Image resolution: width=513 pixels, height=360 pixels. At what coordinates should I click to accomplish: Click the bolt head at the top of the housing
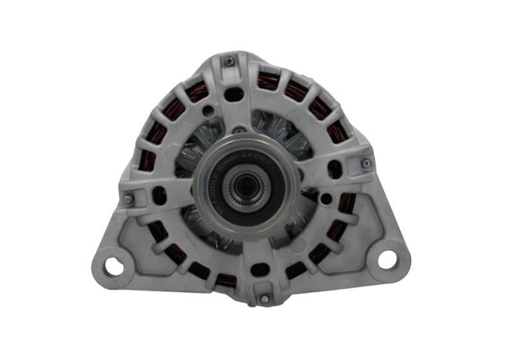pyautogui.click(x=229, y=62)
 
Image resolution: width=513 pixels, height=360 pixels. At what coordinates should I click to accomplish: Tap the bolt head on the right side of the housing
pyautogui.click(x=366, y=164)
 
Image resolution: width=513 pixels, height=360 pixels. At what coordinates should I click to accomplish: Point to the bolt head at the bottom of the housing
pyautogui.click(x=264, y=299)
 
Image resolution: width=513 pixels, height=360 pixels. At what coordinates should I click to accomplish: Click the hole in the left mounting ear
pyautogui.click(x=113, y=266)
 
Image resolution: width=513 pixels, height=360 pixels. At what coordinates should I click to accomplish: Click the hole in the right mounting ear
pyautogui.click(x=387, y=260)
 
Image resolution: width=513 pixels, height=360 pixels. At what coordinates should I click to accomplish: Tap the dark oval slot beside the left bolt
pyautogui.click(x=158, y=195)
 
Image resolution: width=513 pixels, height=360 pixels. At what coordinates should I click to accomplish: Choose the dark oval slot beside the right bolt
pyautogui.click(x=335, y=169)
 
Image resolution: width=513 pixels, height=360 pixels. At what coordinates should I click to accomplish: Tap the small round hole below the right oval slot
pyautogui.click(x=327, y=199)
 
